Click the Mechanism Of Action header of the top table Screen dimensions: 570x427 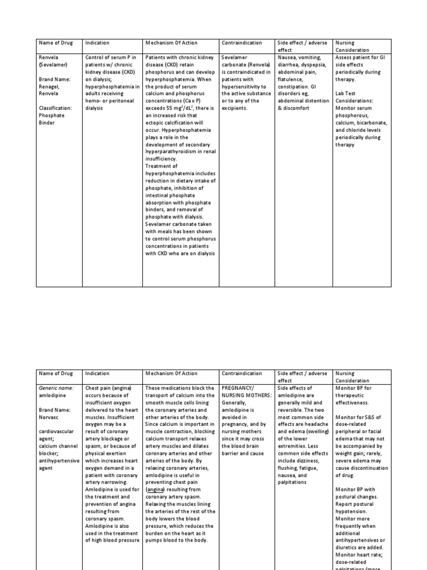171,42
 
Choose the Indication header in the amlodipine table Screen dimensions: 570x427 97,373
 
